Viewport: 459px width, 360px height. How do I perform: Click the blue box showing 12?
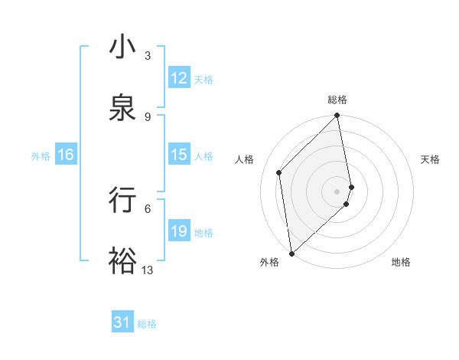click(179, 78)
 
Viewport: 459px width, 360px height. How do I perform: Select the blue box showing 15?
click(179, 155)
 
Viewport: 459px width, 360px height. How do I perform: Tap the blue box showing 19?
click(179, 231)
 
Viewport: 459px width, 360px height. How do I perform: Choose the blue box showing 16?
click(66, 155)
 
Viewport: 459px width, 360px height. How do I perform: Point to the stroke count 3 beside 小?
click(148, 56)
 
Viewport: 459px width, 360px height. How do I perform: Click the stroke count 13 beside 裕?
click(148, 270)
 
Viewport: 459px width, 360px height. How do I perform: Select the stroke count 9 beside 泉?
click(148, 116)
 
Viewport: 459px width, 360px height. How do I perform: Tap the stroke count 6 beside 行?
click(148, 208)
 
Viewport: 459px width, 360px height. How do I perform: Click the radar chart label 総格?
click(337, 100)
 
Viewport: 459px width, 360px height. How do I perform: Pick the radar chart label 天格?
click(431, 159)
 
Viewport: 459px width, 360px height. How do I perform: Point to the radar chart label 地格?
click(401, 262)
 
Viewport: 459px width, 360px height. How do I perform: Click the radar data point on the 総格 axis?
click(337, 116)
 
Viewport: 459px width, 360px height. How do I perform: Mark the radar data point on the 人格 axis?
click(279, 172)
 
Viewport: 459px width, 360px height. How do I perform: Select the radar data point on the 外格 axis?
click(291, 253)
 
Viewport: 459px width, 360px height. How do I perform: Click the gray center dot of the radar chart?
click(337, 191)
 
